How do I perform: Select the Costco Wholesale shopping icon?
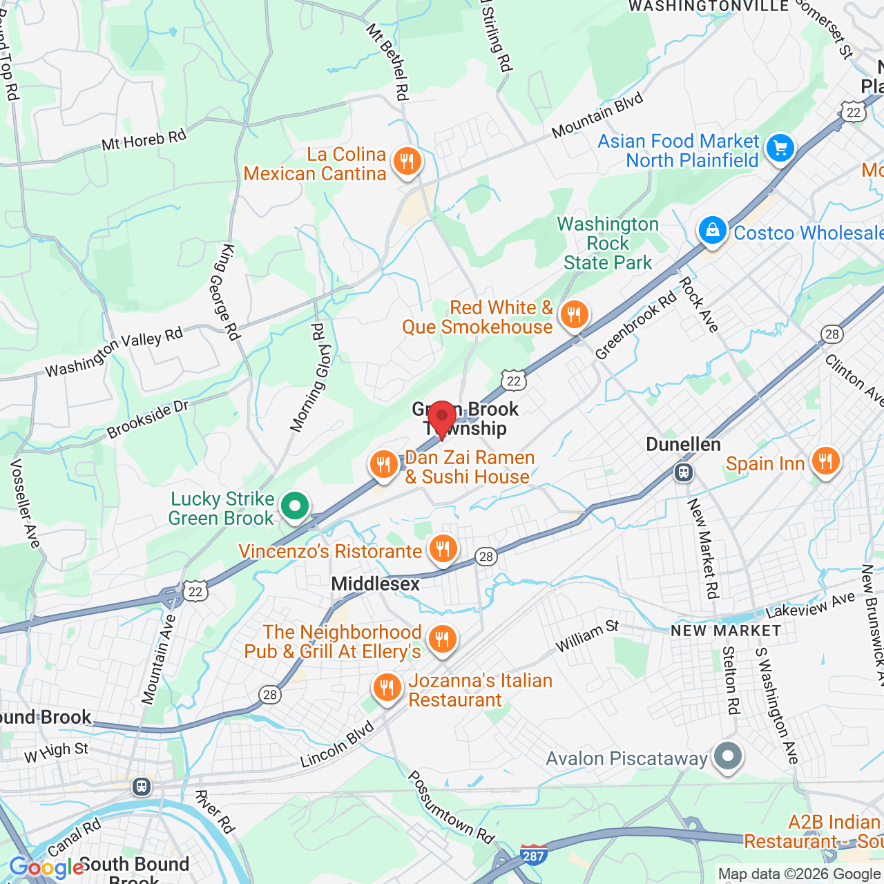click(x=712, y=230)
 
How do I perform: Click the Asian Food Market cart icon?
click(x=780, y=148)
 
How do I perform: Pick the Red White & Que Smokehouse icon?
click(x=574, y=315)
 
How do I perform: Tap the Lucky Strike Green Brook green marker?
click(x=295, y=507)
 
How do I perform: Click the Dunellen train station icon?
click(x=684, y=472)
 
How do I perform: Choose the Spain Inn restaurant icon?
click(x=825, y=461)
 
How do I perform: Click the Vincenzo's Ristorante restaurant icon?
click(x=443, y=549)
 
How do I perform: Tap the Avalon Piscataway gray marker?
click(x=727, y=756)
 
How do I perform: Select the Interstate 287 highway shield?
click(x=533, y=855)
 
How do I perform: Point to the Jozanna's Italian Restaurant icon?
click(x=387, y=688)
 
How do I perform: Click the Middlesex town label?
click(x=375, y=584)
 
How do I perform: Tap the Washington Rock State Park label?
click(x=608, y=243)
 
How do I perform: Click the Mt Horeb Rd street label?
click(x=144, y=140)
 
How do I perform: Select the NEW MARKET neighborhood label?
click(x=726, y=631)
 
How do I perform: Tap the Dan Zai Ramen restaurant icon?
click(x=383, y=464)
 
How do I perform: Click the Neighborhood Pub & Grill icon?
click(x=442, y=640)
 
